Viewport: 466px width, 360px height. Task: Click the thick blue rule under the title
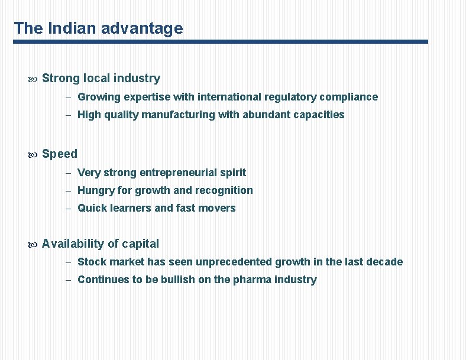pyautogui.click(x=221, y=42)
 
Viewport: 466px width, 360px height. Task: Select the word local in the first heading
pyautogui.click(x=96, y=78)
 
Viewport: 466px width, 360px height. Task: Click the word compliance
pyautogui.click(x=348, y=96)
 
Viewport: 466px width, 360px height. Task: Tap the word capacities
pyautogui.click(x=318, y=115)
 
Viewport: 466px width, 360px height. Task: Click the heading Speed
pyautogui.click(x=60, y=154)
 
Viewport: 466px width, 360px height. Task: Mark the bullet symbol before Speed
pyautogui.click(x=33, y=154)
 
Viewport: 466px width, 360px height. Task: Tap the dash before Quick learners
pyautogui.click(x=69, y=208)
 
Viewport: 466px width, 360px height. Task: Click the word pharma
pyautogui.click(x=256, y=280)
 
